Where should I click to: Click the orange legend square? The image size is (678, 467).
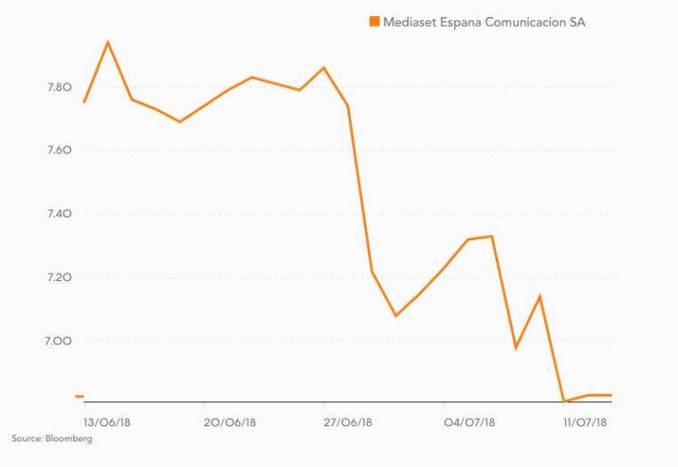[374, 21]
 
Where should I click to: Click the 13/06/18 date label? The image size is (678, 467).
[107, 422]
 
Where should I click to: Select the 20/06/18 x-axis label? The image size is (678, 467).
[229, 422]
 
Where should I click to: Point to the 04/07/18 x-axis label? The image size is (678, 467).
[470, 422]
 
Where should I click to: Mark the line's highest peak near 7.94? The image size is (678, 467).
[108, 42]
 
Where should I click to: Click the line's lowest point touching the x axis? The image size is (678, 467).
[564, 401]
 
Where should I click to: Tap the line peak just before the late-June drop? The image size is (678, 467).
[323, 68]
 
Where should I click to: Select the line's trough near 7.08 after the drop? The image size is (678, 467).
[395, 316]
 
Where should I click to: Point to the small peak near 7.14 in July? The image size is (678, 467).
[539, 296]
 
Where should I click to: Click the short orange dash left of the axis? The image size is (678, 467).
[79, 396]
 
